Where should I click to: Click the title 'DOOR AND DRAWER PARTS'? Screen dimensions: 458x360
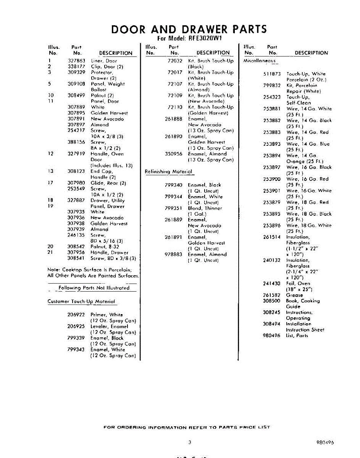189,29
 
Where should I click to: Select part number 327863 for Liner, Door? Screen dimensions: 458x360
76,61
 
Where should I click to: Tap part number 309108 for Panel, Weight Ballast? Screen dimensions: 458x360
76,84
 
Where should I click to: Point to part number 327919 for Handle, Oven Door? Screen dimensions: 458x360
76,154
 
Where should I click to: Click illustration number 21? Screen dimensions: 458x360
50,252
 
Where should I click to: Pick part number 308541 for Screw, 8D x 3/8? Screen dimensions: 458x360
76,258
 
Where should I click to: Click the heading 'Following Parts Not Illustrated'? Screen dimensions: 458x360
94,288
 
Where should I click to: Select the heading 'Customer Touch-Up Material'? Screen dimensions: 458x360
81,302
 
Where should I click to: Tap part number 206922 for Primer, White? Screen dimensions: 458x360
76,315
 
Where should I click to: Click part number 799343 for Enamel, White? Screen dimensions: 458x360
76,350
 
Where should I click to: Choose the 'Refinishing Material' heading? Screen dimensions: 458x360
168,172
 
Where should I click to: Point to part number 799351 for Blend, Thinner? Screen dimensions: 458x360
173,208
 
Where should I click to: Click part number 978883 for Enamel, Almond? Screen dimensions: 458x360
173,255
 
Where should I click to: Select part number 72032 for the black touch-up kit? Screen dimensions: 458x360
175,61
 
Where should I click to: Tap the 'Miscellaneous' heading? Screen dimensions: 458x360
260,61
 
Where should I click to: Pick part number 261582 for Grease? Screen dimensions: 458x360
272,295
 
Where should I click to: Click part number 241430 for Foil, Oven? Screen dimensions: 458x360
272,284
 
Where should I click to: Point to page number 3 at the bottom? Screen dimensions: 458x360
189,442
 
